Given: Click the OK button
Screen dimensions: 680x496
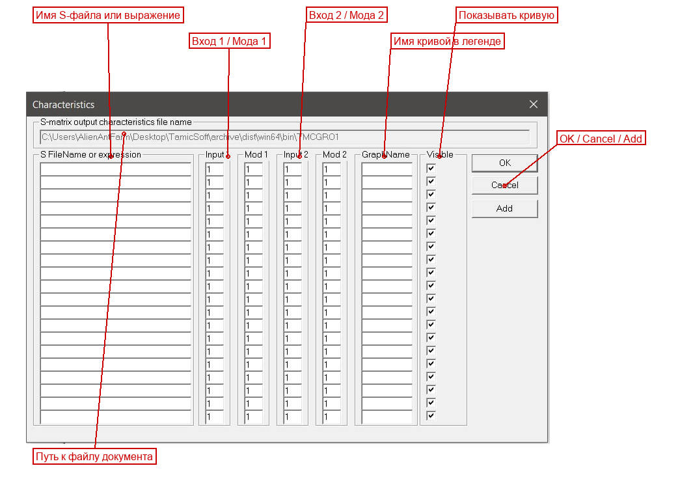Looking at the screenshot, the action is click(x=504, y=163).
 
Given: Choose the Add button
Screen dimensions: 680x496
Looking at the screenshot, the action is click(x=504, y=209).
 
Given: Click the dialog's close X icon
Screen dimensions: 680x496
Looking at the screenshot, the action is click(x=534, y=104).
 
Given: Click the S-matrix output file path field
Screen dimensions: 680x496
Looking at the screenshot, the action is click(x=284, y=137).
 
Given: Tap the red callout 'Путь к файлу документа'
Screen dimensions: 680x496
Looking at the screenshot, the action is click(x=94, y=456).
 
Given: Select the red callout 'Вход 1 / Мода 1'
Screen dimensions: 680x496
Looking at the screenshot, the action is click(x=230, y=41).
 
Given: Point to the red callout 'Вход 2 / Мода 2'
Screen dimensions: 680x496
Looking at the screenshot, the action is click(x=346, y=15).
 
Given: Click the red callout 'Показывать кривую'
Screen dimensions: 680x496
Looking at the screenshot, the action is click(x=506, y=15).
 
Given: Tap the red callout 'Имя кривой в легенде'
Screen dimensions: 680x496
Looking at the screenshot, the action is click(x=447, y=41).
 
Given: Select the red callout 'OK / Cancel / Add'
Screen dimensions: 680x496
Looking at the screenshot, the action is click(x=601, y=139).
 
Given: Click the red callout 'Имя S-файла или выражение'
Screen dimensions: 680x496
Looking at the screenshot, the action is click(x=108, y=15).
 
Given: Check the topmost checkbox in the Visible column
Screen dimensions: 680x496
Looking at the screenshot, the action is click(x=431, y=169).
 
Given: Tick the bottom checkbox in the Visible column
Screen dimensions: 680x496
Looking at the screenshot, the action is click(x=431, y=416).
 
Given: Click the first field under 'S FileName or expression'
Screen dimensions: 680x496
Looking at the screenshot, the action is click(x=116, y=169).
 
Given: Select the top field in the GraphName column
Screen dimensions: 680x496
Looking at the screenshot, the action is click(x=387, y=169).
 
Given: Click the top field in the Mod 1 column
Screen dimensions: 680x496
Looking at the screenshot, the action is click(x=254, y=169).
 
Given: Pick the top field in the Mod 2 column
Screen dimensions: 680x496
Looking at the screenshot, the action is click(x=332, y=169).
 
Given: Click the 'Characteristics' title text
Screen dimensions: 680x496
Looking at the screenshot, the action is click(x=63, y=105).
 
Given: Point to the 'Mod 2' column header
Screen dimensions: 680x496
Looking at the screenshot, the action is click(x=334, y=154).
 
